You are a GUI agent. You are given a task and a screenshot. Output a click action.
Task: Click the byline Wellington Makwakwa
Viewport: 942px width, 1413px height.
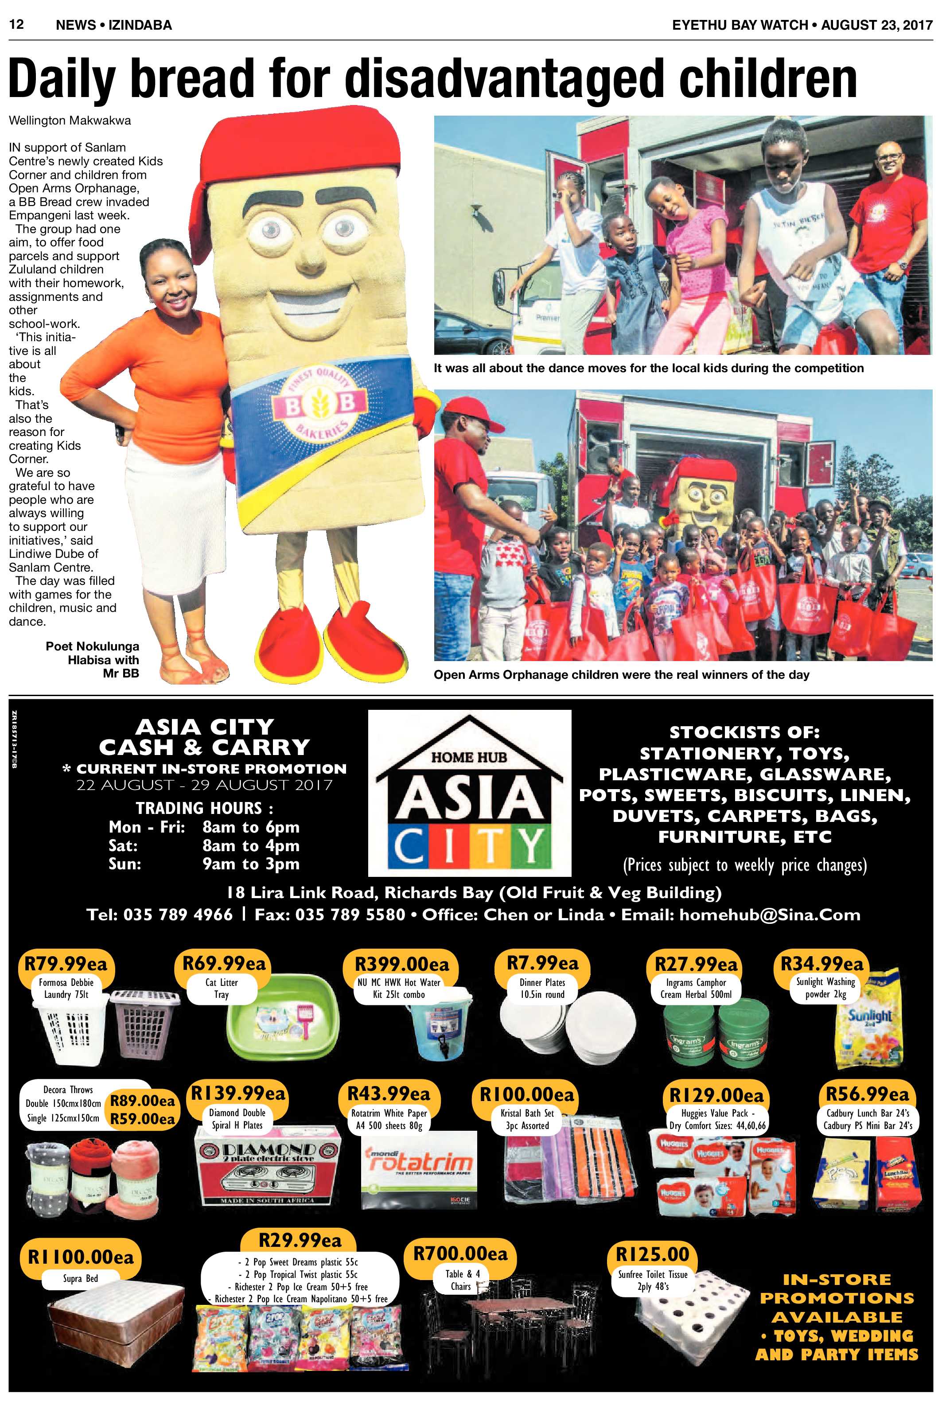(x=70, y=120)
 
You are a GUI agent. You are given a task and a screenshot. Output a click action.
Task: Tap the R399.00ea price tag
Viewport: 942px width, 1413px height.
(x=401, y=964)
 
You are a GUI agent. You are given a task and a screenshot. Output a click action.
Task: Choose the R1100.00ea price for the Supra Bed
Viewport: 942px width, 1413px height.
(x=81, y=1256)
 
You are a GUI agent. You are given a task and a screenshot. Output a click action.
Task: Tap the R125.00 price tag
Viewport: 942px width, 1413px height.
(x=652, y=1254)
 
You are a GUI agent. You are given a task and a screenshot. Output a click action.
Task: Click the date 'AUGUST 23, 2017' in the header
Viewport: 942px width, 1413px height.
(x=876, y=25)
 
